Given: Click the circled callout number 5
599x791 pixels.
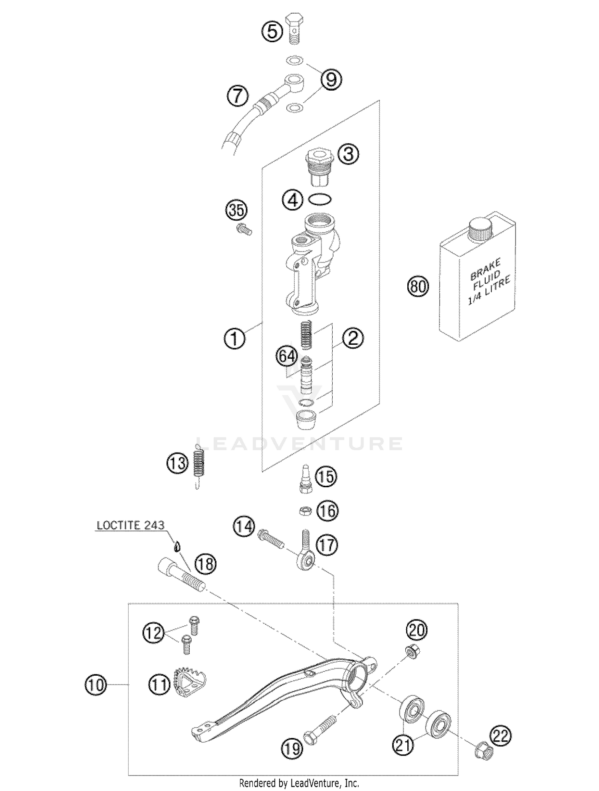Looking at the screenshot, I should [272, 31].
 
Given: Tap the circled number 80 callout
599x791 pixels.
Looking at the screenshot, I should [418, 287].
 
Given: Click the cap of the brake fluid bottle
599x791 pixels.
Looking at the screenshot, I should [481, 229].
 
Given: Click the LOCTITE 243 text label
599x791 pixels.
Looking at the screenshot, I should [131, 525].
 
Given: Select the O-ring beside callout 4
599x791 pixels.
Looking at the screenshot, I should [320, 199].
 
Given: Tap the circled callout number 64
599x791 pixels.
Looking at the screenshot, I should [287, 356].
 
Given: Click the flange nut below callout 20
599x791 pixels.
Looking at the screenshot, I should [412, 652].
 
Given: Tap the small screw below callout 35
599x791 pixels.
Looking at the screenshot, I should [244, 229].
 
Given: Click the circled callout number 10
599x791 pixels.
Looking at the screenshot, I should [96, 685].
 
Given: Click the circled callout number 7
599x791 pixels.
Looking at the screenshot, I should [238, 96].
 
